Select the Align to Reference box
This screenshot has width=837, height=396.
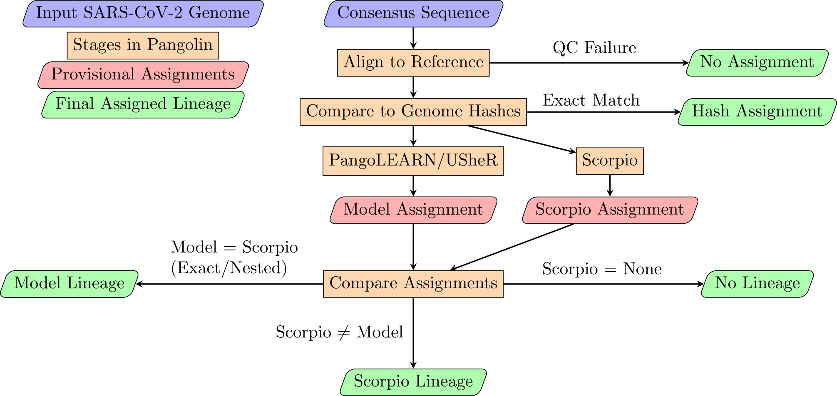click(x=413, y=63)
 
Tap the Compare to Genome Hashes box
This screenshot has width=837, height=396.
click(x=413, y=112)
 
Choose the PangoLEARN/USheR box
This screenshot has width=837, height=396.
click(x=413, y=161)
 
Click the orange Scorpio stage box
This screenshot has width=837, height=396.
click(x=610, y=161)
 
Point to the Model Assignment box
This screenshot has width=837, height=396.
click(x=413, y=210)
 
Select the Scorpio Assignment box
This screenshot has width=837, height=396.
click(x=610, y=210)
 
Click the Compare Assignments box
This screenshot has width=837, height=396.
click(x=413, y=284)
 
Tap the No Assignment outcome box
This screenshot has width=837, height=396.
click(x=757, y=63)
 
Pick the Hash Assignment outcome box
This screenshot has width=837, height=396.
click(x=757, y=112)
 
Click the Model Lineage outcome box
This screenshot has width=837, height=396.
click(x=70, y=284)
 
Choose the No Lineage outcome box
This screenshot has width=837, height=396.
click(x=757, y=284)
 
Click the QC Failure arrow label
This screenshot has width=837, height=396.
click(x=594, y=48)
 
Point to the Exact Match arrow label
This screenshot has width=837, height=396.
click(x=591, y=100)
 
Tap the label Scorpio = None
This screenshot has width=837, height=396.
click(x=602, y=269)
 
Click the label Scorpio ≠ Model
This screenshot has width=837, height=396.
click(x=339, y=332)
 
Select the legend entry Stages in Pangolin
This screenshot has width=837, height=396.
click(x=143, y=45)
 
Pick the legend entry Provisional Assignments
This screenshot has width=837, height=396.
click(x=143, y=75)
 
